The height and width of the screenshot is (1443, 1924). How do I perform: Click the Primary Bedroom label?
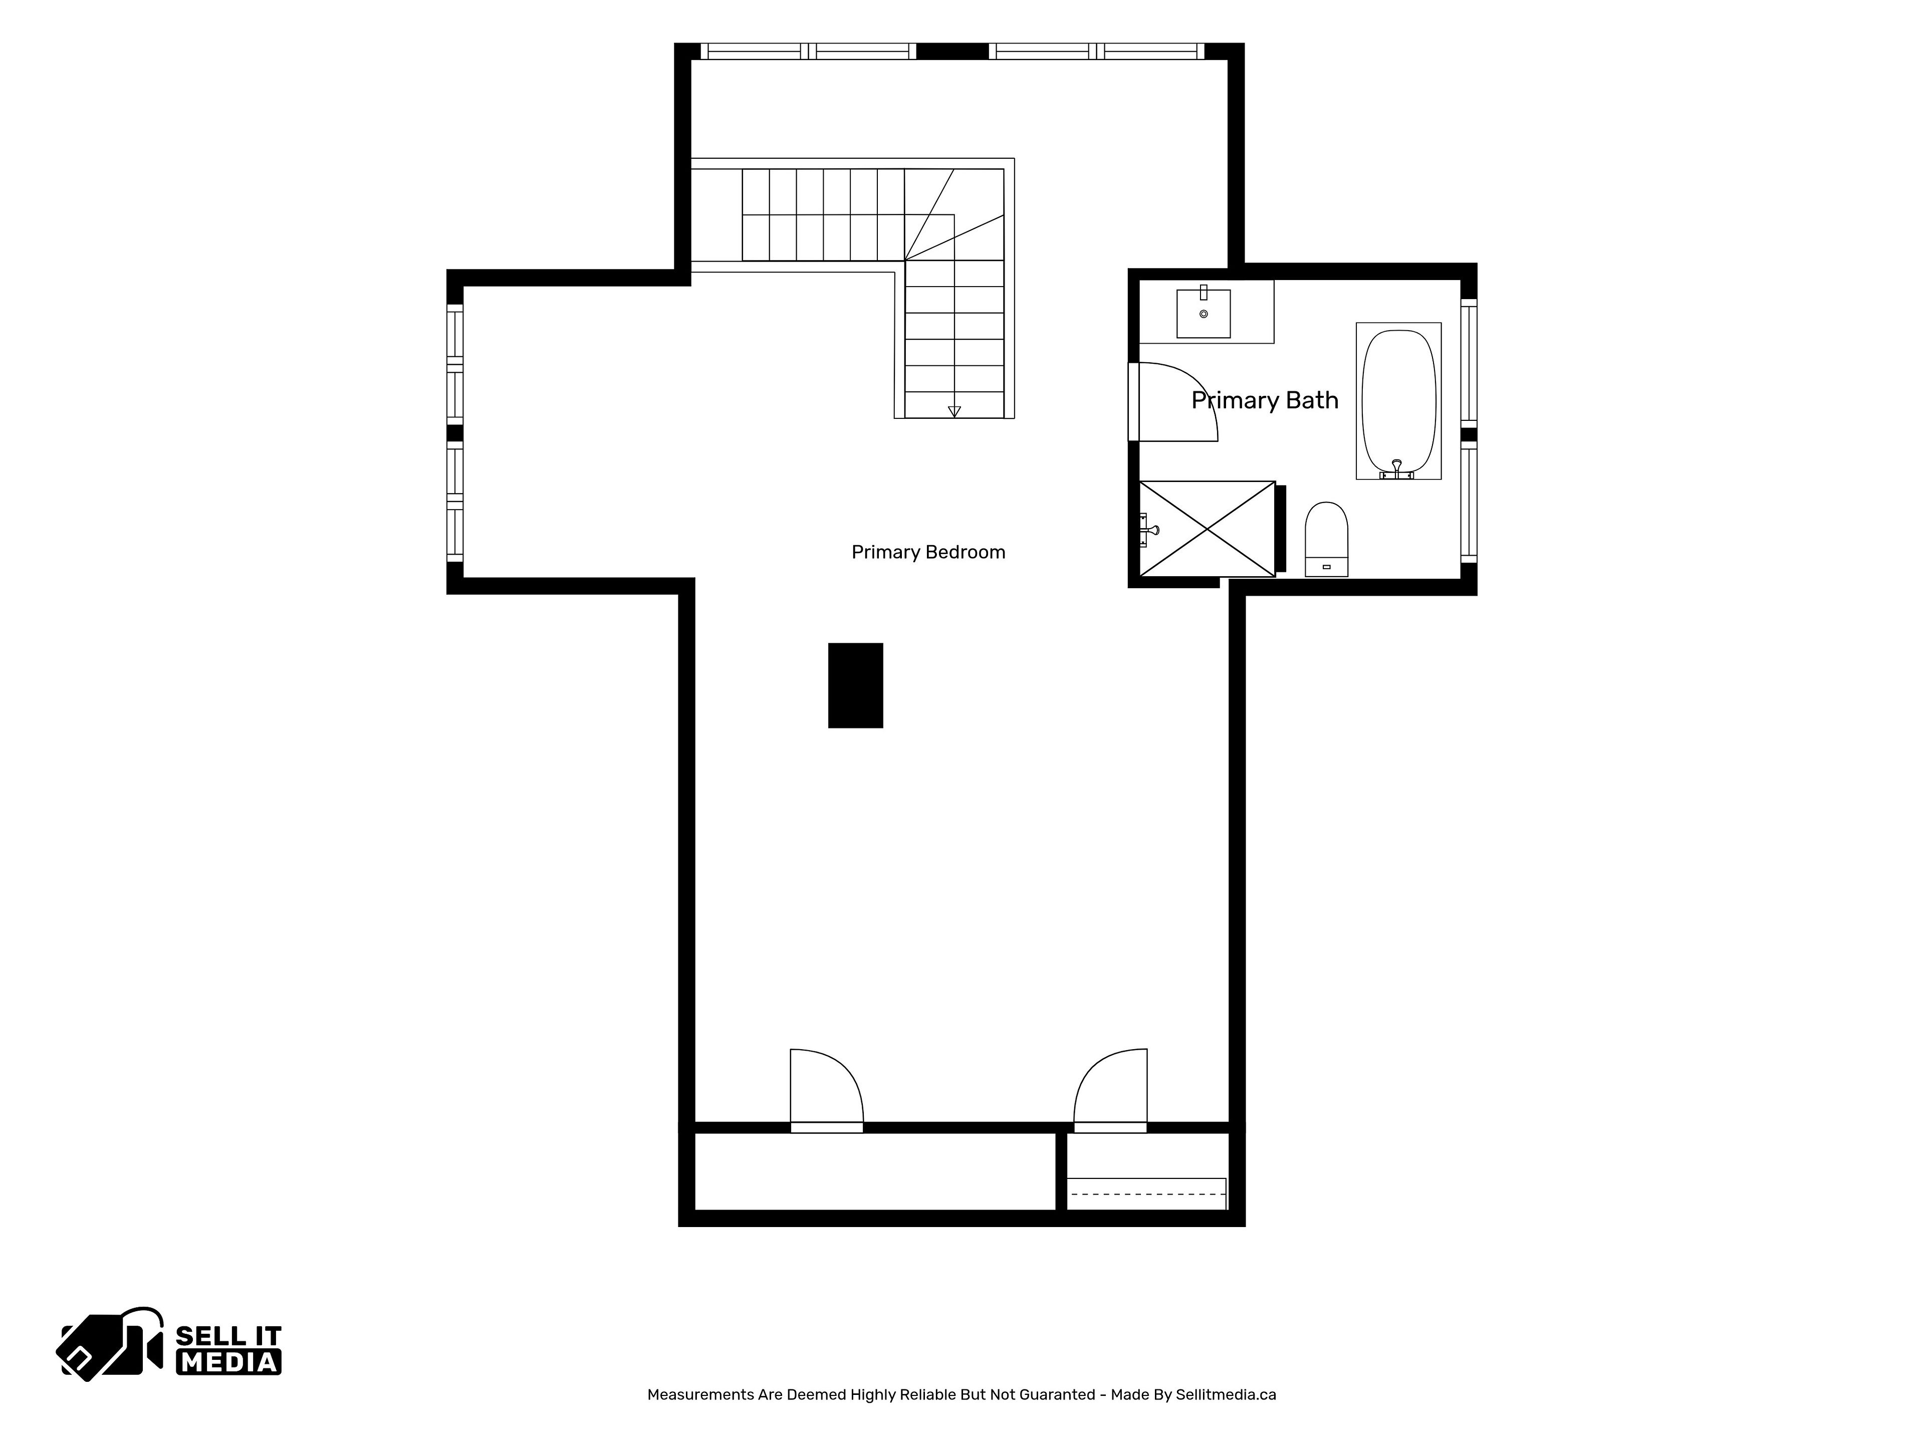928,552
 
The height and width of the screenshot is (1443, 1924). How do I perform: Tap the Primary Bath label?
1265,400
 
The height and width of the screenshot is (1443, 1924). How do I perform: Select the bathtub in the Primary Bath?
1398,401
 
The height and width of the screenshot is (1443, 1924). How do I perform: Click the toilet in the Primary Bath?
1326,539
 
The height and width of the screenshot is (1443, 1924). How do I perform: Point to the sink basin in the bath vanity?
1204,313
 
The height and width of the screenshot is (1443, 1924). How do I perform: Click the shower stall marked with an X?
1208,529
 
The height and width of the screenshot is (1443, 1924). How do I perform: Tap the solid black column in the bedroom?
856,685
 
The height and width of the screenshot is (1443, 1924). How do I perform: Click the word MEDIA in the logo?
229,1362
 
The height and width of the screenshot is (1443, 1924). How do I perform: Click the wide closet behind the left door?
875,1171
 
